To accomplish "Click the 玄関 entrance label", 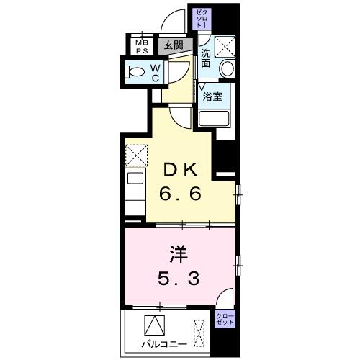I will pyautogui.click(x=173, y=45).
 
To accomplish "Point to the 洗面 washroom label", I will pyautogui.click(x=206, y=58).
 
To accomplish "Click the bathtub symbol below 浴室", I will pyautogui.click(x=214, y=120).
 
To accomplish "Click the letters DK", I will pyautogui.click(x=180, y=171).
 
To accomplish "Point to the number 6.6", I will pyautogui.click(x=180, y=194).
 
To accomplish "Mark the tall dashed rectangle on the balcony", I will pyautogui.click(x=200, y=333).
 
